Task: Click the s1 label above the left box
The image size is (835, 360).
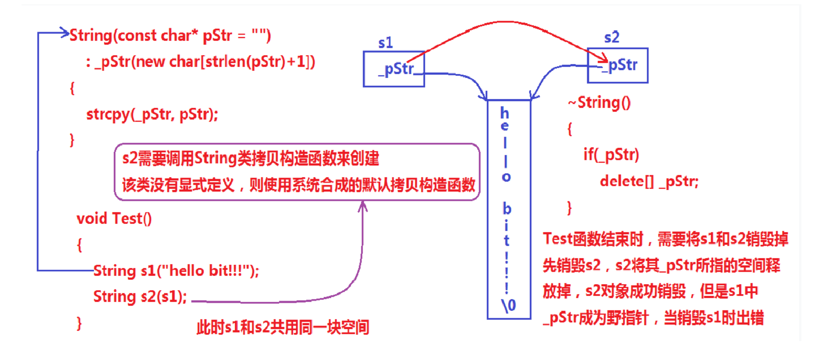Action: click(385, 43)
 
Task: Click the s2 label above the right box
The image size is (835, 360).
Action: click(612, 37)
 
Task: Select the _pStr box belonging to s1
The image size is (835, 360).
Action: click(394, 69)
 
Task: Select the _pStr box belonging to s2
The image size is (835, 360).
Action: click(618, 65)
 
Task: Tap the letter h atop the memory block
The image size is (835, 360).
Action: click(505, 113)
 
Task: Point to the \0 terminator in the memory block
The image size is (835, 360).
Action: click(509, 305)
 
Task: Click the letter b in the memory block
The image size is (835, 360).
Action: click(507, 209)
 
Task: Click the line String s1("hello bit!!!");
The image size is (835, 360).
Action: click(176, 271)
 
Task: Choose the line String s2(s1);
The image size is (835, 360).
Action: click(140, 297)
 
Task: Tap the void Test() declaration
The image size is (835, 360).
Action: click(114, 219)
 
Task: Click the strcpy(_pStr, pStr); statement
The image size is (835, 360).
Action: click(152, 114)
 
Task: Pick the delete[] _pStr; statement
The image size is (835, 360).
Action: click(649, 181)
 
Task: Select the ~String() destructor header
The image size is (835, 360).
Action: click(600, 103)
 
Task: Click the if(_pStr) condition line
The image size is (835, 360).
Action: click(611, 154)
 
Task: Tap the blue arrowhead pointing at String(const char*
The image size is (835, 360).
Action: click(65, 32)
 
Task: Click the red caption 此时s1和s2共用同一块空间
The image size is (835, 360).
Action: click(283, 328)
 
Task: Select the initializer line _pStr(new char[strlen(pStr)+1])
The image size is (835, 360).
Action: click(200, 62)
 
